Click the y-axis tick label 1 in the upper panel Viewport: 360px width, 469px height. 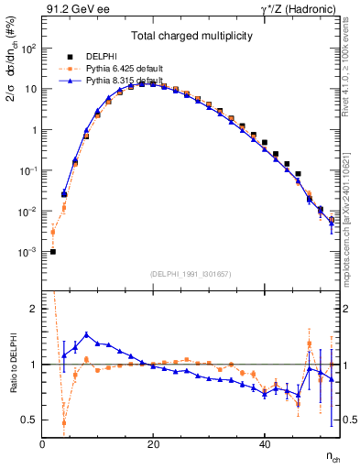pyautogui.click(x=36, y=130)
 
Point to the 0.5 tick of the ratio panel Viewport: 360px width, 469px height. pyautogui.click(x=32, y=420)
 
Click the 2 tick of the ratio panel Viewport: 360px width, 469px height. pyautogui.click(x=36, y=309)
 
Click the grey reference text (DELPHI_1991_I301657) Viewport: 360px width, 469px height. pyautogui.click(x=191, y=275)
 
